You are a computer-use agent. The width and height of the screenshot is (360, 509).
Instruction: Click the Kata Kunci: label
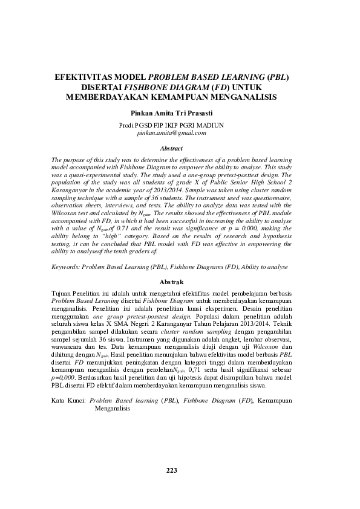68,401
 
